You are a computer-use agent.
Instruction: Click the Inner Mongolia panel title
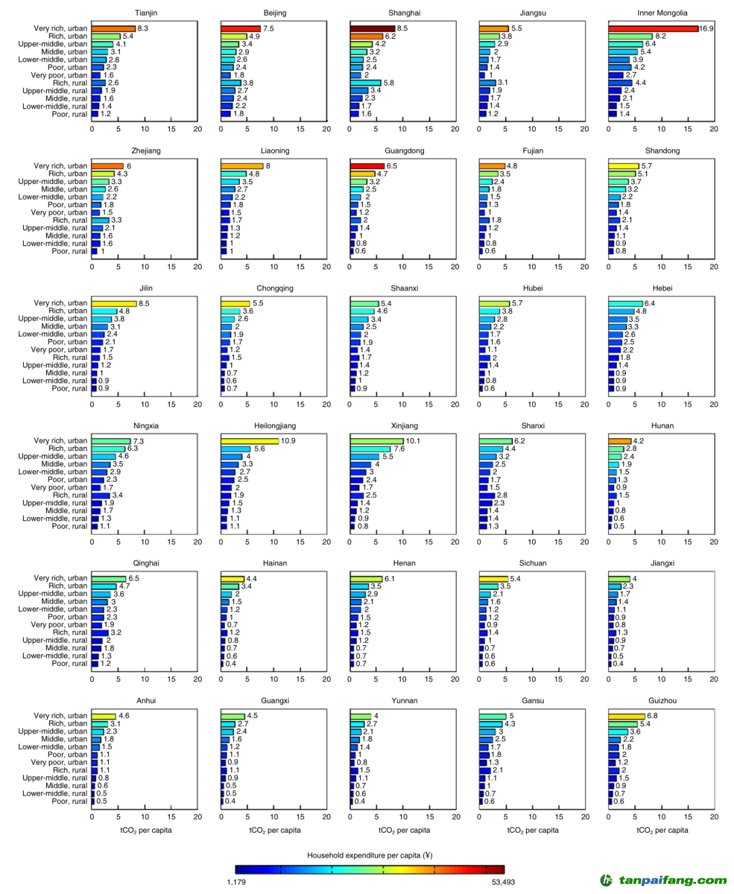[x=662, y=13]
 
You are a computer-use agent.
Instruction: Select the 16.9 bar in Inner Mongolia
[x=653, y=29]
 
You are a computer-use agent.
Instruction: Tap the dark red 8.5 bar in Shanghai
[x=372, y=29]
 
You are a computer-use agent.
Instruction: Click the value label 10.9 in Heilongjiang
[x=288, y=441]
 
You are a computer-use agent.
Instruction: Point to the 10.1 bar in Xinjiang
[x=377, y=441]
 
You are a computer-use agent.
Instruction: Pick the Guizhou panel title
[x=662, y=700]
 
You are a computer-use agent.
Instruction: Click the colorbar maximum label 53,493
[x=503, y=882]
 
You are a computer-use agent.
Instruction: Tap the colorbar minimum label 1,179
[x=237, y=882]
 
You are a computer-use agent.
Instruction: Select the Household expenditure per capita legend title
[x=370, y=855]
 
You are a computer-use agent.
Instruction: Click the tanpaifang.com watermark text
[x=672, y=880]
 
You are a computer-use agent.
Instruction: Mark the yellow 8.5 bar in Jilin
[x=114, y=304]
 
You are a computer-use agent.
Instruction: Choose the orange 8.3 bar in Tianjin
[x=113, y=29]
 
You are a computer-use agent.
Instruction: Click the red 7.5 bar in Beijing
[x=241, y=29]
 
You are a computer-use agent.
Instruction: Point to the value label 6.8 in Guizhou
[x=652, y=716]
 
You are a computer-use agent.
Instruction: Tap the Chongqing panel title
[x=275, y=288]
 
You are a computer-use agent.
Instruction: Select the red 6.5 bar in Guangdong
[x=367, y=166]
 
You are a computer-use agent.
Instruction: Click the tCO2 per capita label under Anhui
[x=146, y=830]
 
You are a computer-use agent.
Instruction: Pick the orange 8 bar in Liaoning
[x=242, y=166]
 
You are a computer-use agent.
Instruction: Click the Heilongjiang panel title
[x=275, y=426]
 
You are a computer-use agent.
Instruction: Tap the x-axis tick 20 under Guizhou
[x=714, y=817]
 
